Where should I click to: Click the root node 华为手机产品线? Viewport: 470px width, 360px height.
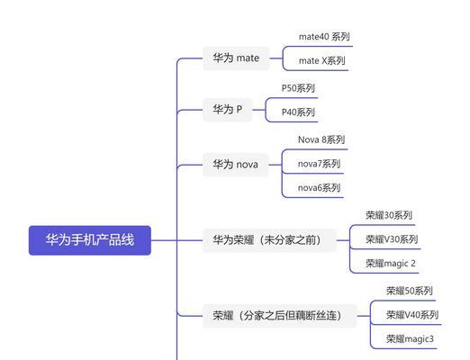[x=90, y=240]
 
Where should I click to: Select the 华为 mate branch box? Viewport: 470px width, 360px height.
[x=236, y=58]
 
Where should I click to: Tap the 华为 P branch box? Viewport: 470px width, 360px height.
[x=228, y=110]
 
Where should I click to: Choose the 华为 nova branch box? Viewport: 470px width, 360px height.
[x=236, y=165]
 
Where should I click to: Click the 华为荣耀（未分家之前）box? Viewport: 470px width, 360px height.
[x=269, y=240]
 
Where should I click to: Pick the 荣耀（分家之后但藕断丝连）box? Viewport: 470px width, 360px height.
[x=280, y=316]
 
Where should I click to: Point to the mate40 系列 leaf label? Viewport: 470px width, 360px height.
[x=324, y=37]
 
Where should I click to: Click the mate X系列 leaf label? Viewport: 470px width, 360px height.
[x=322, y=61]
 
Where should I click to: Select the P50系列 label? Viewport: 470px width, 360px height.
[x=298, y=88]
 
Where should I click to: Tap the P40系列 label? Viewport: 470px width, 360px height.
[x=298, y=112]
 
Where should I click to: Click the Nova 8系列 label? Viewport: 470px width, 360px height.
[x=321, y=139]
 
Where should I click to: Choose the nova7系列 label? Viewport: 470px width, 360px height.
[x=319, y=164]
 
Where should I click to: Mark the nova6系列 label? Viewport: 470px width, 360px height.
[x=319, y=188]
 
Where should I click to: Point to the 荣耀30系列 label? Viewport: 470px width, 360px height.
[x=389, y=215]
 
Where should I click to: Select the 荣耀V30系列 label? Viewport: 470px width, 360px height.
[x=392, y=239]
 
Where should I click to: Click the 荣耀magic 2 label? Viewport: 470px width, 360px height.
[x=391, y=264]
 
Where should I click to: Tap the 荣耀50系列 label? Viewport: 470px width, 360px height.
[x=410, y=291]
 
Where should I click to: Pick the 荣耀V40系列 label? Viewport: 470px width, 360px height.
[x=412, y=315]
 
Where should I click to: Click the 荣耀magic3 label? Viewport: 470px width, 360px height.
[x=410, y=339]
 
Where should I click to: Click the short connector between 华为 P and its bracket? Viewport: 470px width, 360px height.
[x=259, y=110]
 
